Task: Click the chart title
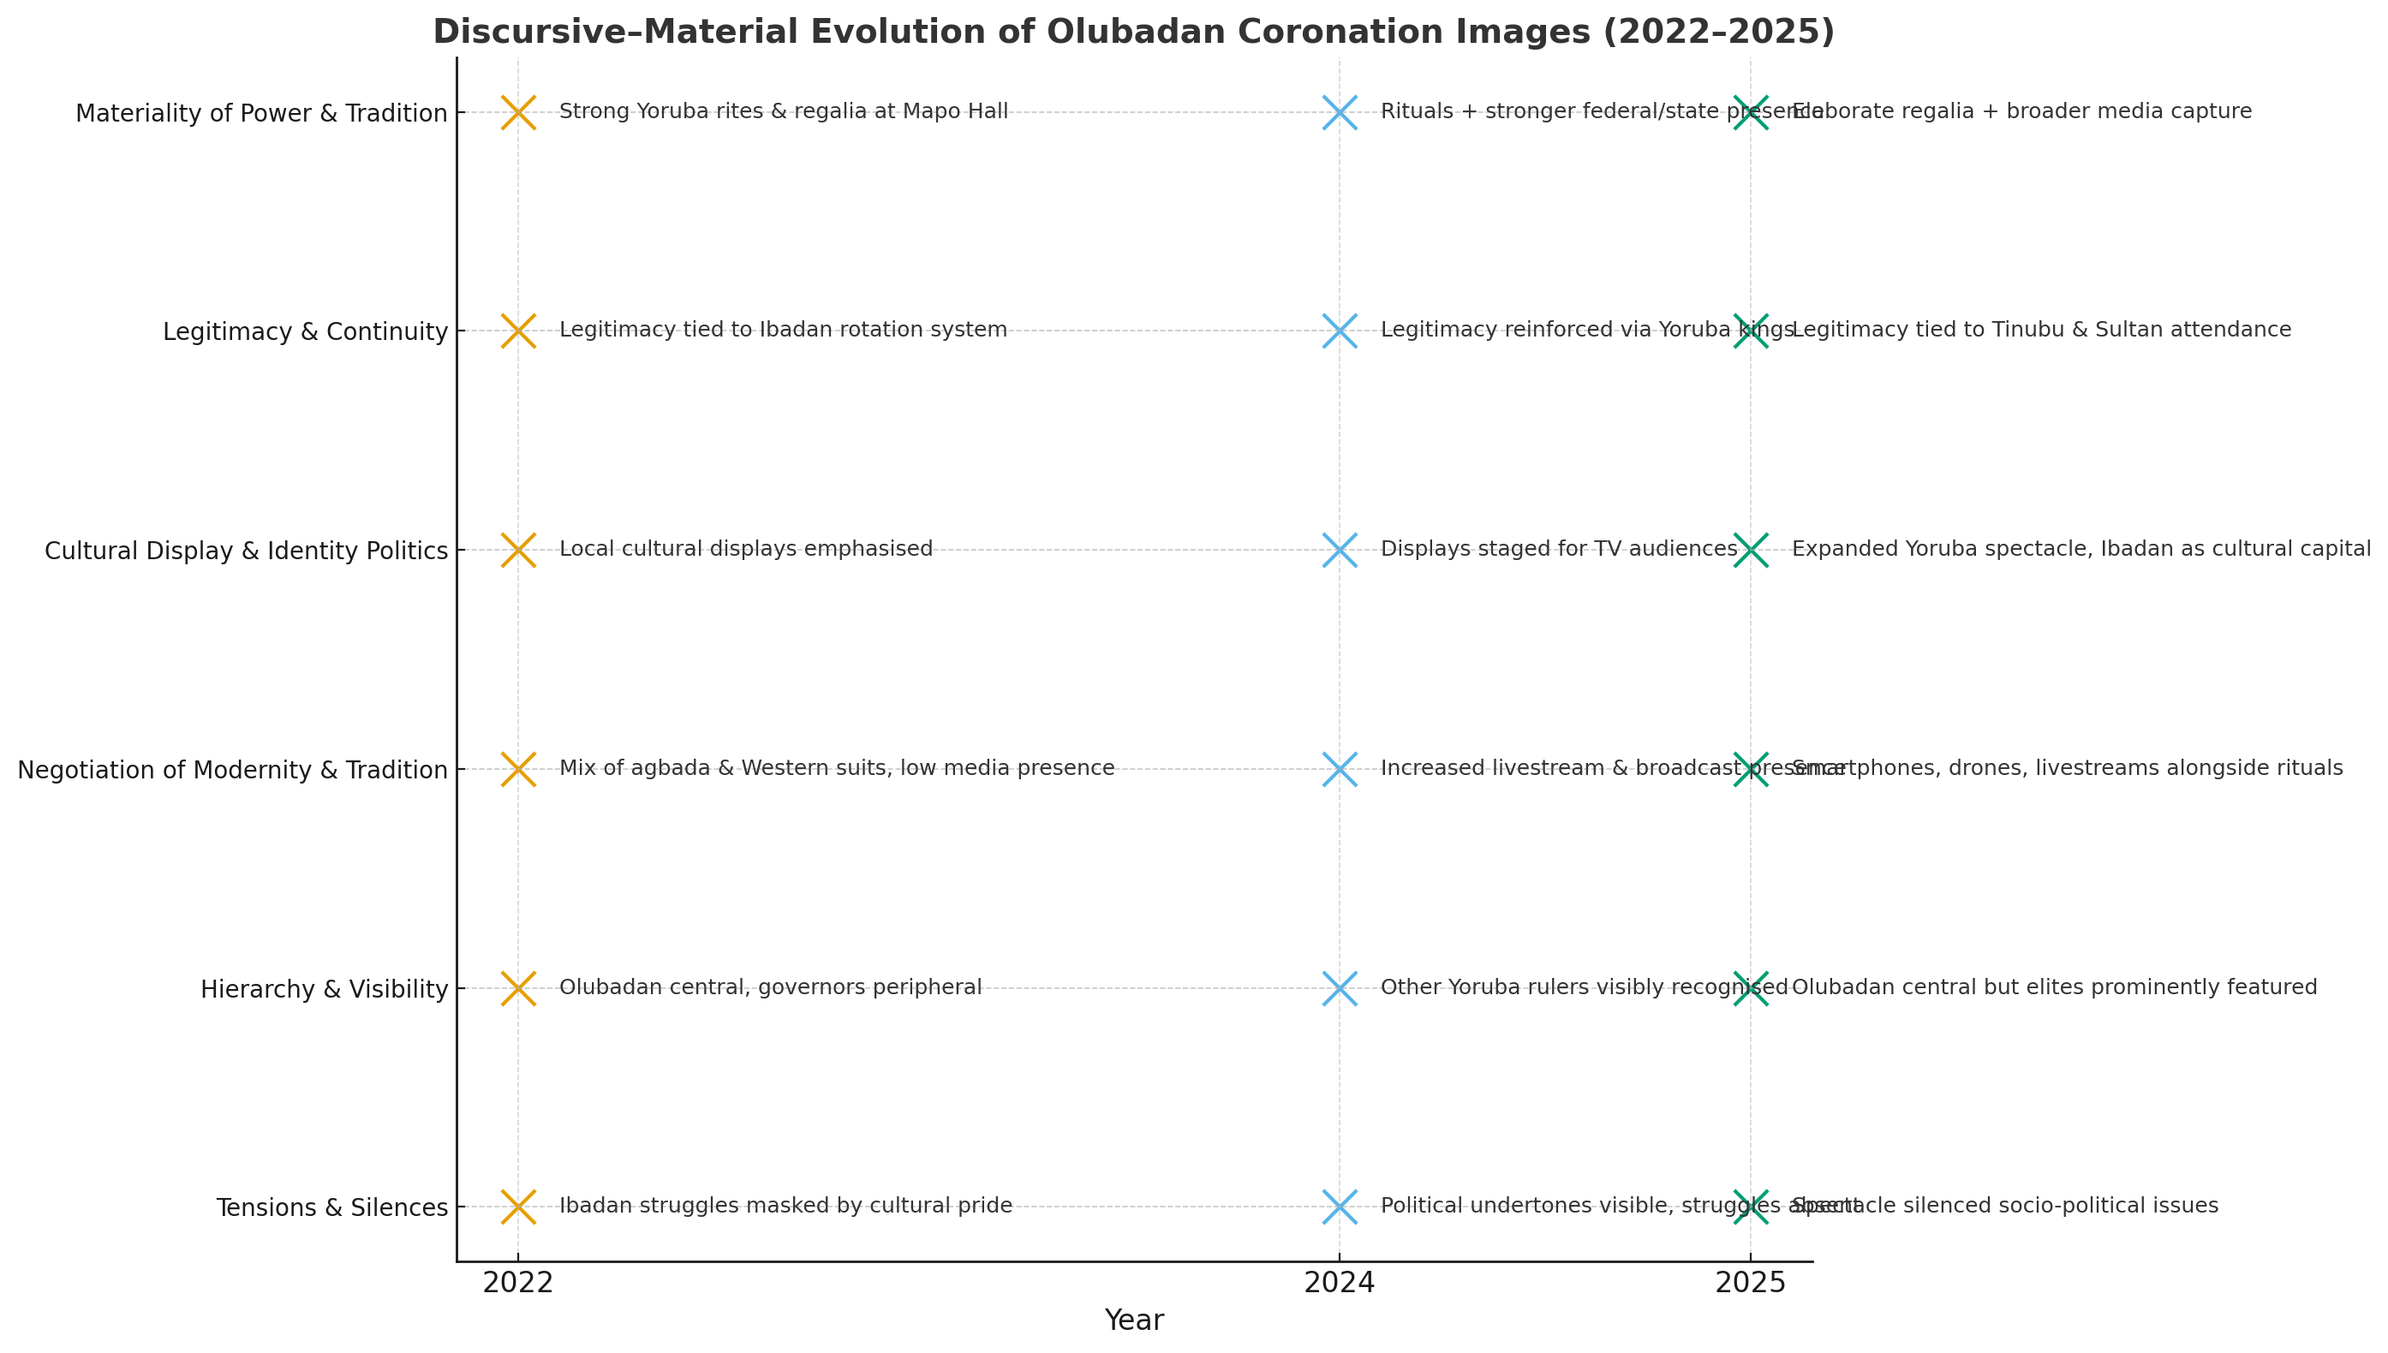tap(1132, 32)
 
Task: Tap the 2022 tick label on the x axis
tap(518, 1284)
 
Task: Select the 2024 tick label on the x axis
tap(1339, 1284)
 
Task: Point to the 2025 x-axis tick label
tap(1751, 1284)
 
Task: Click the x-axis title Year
tap(1133, 1320)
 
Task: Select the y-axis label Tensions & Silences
tap(331, 1208)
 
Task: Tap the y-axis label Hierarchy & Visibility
tap(325, 990)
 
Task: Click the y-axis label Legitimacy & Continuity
tap(305, 331)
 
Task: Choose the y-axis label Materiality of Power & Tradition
tap(261, 113)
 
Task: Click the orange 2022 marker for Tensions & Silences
tap(518, 1207)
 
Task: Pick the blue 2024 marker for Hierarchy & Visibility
tap(1339, 988)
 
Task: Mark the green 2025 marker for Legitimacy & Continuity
tap(1751, 331)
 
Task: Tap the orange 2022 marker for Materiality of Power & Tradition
tap(518, 112)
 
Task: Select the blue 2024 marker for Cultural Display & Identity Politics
tap(1339, 550)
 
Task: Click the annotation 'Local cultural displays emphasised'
tap(745, 549)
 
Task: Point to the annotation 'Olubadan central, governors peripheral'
tap(770, 986)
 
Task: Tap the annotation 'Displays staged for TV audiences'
tap(1558, 549)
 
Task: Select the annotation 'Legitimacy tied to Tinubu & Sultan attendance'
tap(2040, 330)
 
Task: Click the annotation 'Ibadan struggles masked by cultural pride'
tap(785, 1207)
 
